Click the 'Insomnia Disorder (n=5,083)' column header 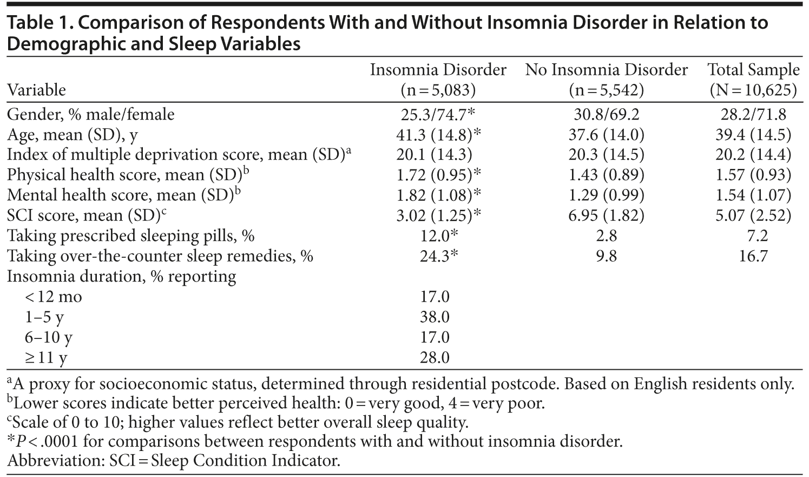(x=438, y=80)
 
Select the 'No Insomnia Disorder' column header (x=606, y=80)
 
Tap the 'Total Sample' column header (x=753, y=80)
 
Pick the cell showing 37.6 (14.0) (x=606, y=134)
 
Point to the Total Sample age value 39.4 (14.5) (x=753, y=134)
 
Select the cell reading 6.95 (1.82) (x=606, y=215)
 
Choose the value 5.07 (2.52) (x=753, y=215)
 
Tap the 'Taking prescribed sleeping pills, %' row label (x=130, y=236)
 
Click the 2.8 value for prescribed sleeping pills (x=606, y=236)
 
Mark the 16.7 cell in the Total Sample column (x=753, y=256)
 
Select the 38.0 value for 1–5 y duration (x=435, y=317)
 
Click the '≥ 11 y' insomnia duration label (x=46, y=357)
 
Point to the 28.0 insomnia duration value (x=435, y=357)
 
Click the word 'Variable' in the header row (x=36, y=90)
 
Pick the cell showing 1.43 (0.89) (x=606, y=175)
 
